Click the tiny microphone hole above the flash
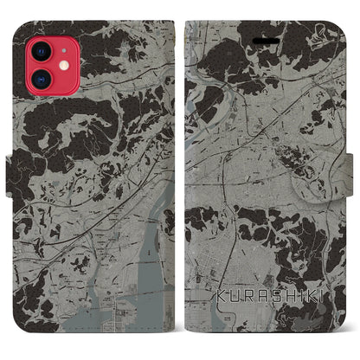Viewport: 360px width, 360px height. pos(63,49)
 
